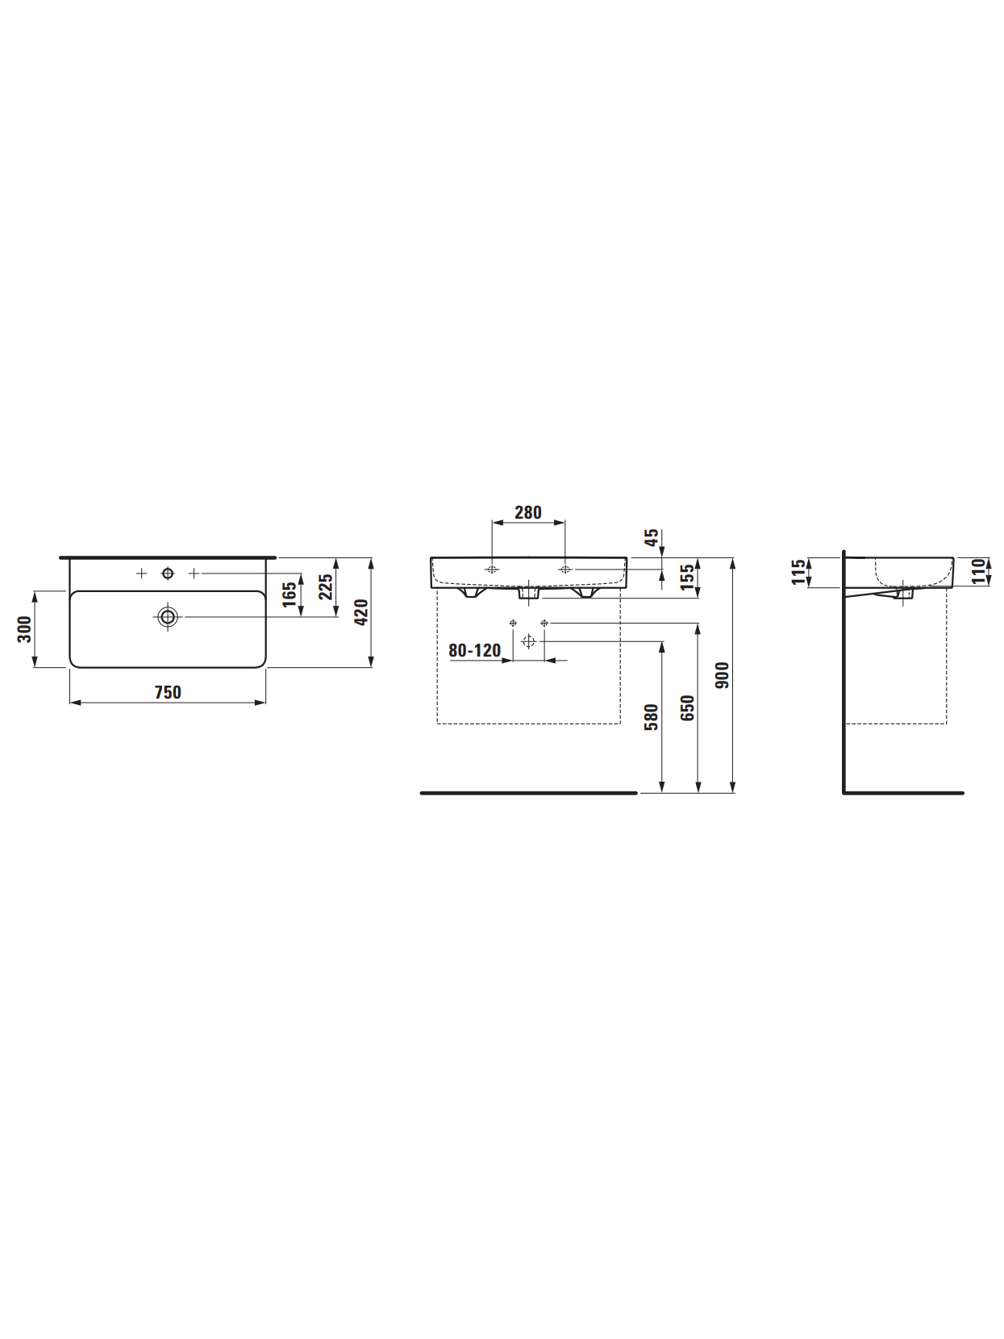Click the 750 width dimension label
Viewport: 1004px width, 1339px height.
tap(168, 692)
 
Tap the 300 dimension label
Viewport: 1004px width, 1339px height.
tap(24, 629)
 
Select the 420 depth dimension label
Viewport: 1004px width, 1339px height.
tap(361, 612)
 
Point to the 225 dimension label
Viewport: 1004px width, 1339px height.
tap(326, 586)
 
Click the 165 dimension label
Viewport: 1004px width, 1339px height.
tap(289, 594)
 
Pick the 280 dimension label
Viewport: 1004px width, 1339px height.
tap(528, 512)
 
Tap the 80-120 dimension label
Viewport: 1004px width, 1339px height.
tap(474, 650)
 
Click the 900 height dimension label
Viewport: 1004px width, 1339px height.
tap(722, 675)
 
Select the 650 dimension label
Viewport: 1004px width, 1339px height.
tap(687, 707)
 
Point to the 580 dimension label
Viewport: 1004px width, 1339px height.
tap(651, 717)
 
